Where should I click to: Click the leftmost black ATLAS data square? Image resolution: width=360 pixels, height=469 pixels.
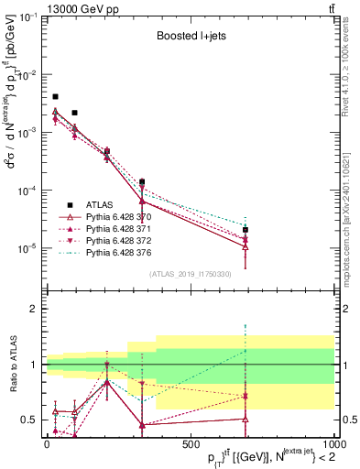(55, 96)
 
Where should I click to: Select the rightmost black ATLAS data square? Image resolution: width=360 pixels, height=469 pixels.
(245, 230)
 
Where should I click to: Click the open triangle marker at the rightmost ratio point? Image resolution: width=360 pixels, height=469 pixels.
(245, 419)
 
